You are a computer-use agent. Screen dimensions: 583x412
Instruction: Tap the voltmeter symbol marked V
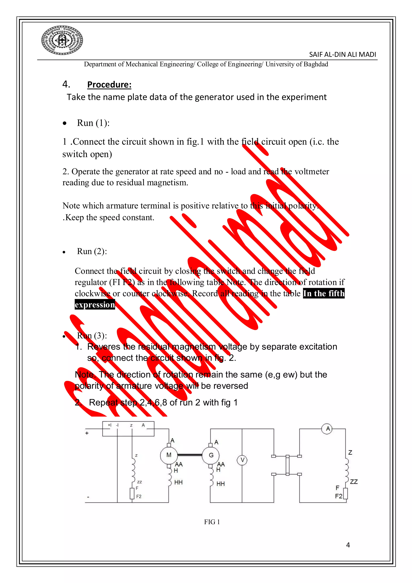coord(242,460)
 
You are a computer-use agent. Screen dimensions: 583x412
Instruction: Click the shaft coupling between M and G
coord(190,455)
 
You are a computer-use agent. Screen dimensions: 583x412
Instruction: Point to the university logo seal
coord(62,40)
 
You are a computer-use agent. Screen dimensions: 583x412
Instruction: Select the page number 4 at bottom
coord(348,545)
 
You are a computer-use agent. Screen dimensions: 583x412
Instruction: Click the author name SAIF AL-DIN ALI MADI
coord(342,55)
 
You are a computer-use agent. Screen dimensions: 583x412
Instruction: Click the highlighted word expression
coord(95,304)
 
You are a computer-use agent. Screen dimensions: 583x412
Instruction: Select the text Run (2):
coord(92,251)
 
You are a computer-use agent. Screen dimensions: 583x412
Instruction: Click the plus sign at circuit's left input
coord(87,433)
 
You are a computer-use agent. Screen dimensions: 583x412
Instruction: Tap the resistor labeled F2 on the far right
coord(345,493)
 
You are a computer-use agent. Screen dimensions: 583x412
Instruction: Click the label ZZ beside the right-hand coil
coord(354,482)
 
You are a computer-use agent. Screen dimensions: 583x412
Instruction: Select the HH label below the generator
coord(220,484)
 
